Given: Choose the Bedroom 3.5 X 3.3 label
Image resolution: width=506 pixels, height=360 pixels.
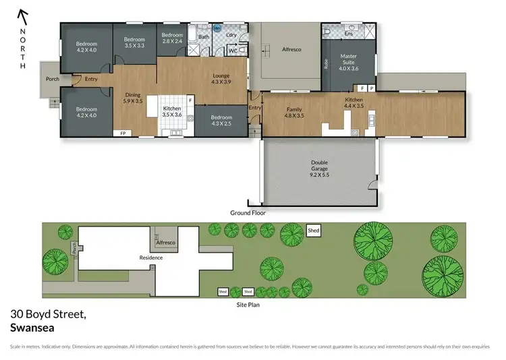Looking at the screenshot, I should click(x=134, y=43).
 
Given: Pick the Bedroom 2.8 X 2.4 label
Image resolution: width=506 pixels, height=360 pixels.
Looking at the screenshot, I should click(x=172, y=38).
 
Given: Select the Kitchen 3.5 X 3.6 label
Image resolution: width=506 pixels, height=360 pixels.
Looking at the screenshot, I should click(x=172, y=111).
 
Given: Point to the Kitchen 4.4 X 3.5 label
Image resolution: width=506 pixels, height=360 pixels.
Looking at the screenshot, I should click(x=354, y=103).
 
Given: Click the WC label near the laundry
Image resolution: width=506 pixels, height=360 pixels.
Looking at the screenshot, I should click(x=232, y=51).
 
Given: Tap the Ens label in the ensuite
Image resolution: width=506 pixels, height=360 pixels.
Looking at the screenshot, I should click(x=349, y=33).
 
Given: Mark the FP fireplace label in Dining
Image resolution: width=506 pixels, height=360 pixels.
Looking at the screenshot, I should click(x=123, y=133).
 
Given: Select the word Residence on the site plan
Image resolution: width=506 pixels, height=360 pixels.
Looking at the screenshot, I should click(x=150, y=258).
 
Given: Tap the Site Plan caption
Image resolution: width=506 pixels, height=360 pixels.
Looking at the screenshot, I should click(x=247, y=304).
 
